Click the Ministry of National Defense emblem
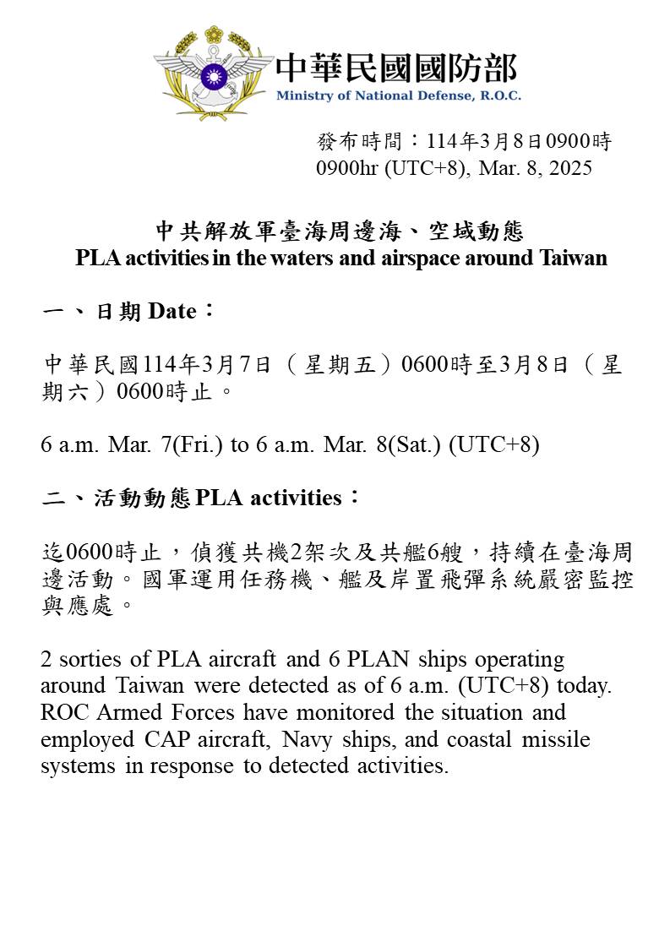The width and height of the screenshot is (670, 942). pyautogui.click(x=214, y=73)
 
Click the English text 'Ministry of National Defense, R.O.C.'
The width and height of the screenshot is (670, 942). pyautogui.click(x=398, y=95)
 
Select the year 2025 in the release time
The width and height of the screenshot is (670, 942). pyautogui.click(x=570, y=167)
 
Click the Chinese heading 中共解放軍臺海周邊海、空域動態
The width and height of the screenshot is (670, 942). pyautogui.click(x=340, y=230)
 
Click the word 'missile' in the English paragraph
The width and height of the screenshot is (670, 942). pyautogui.click(x=557, y=739)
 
